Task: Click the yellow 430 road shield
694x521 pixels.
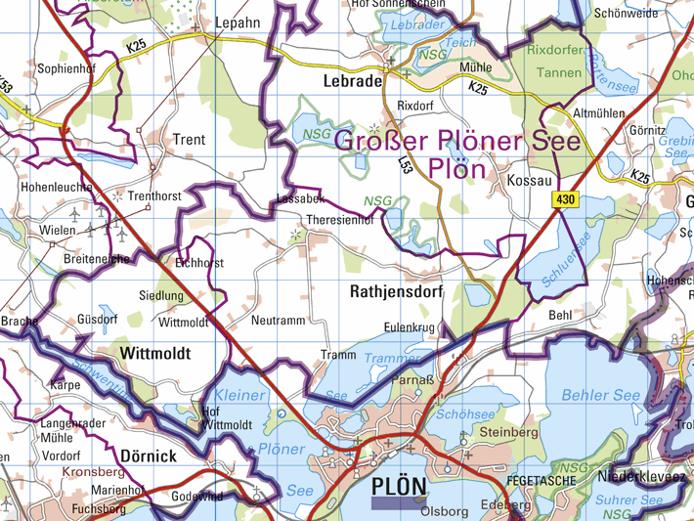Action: click(564, 199)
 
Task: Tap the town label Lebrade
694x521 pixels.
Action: click(345, 82)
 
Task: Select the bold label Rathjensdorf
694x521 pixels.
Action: click(396, 291)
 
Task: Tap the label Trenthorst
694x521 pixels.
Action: click(154, 196)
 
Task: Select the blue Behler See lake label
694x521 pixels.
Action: click(601, 396)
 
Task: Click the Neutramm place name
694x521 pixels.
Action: click(278, 321)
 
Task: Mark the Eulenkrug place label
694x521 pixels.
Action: click(410, 328)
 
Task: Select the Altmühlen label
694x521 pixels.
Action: click(598, 113)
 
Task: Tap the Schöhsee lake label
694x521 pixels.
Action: click(458, 414)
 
